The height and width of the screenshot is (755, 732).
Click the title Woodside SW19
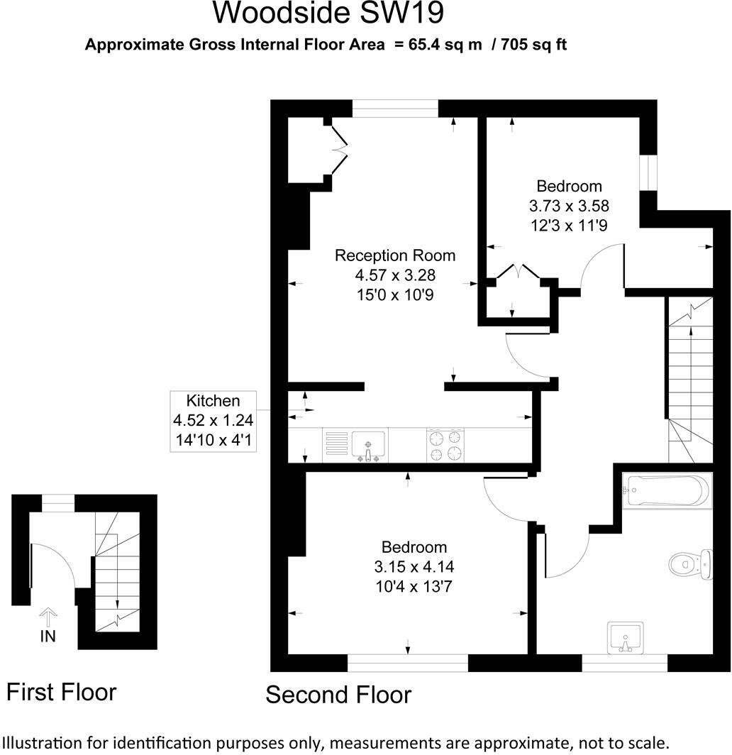tap(329, 13)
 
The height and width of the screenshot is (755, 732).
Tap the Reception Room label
tap(395, 255)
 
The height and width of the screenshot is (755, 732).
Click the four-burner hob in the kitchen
tap(445, 445)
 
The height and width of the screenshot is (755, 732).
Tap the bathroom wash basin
tap(626, 636)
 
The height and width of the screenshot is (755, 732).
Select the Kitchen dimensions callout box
tap(213, 421)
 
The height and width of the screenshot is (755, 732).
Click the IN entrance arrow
tap(48, 617)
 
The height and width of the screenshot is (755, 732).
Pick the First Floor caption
tap(61, 691)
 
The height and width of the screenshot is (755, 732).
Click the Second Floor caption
tap(338, 694)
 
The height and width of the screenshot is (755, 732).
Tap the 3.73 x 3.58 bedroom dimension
tap(569, 206)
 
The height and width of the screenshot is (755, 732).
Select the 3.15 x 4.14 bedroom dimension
tap(414, 567)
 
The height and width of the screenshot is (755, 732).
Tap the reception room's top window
tap(395, 108)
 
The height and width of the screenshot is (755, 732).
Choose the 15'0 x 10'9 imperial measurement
tap(395, 292)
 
